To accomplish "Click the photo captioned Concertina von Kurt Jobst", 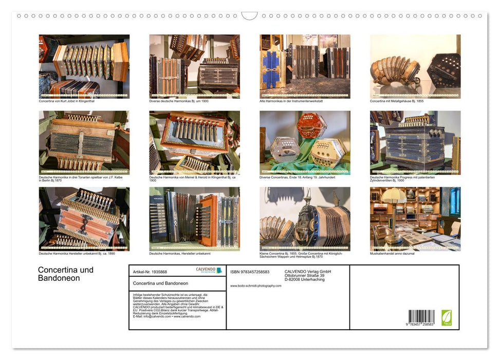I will (84, 66).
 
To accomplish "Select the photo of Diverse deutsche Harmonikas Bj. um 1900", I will (194, 66).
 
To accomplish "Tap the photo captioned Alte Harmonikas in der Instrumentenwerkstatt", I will (305, 66).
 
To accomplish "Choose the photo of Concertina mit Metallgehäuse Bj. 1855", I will (415, 66).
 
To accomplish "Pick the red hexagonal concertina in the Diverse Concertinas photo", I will (311, 125).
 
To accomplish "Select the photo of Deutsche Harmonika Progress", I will (415, 142).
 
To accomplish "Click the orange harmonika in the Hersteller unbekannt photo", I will (208, 219).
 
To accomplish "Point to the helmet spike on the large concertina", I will (308, 194).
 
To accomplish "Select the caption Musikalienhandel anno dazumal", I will (392, 254).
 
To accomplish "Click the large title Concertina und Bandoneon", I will (66, 274).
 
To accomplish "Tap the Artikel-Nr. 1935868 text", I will (150, 272).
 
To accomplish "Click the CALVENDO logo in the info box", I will (209, 270).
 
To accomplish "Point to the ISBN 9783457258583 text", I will (250, 272).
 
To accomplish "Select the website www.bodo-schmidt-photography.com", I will (256, 285).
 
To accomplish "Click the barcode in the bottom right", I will (421, 317).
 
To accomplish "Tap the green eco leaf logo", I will (447, 317).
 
